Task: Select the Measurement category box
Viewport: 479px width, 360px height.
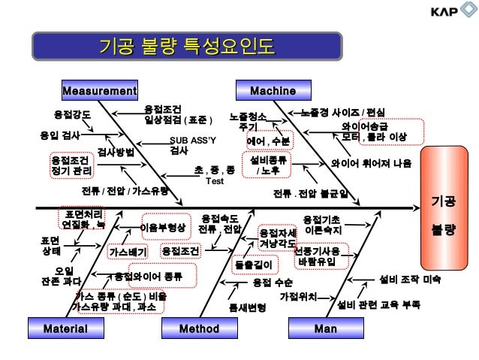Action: [99, 91]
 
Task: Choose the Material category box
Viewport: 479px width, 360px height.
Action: [65, 328]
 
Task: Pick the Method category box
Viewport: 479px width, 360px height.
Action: [199, 328]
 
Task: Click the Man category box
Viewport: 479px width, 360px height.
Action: [325, 328]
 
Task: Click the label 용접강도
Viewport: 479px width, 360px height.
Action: [72, 115]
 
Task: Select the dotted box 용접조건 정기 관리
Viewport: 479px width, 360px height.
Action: [72, 165]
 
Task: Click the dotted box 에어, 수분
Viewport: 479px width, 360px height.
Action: [269, 141]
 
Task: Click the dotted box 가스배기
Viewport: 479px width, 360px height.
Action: [127, 252]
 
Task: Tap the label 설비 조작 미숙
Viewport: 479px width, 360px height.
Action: [411, 280]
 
